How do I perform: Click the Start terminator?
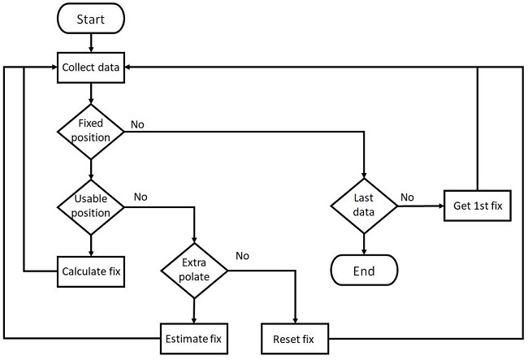tap(90, 18)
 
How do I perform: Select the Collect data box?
tap(90, 67)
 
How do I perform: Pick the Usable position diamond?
tap(90, 206)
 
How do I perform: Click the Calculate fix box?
tap(90, 271)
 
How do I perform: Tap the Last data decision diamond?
tap(363, 205)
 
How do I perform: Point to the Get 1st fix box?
tap(477, 206)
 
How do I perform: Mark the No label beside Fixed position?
tap(137, 125)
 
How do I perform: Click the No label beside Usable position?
tap(140, 197)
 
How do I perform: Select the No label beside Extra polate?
tap(242, 256)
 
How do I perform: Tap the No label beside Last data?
tap(407, 197)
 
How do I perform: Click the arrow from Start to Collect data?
tap(90, 42)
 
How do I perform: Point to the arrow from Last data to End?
tap(363, 242)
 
